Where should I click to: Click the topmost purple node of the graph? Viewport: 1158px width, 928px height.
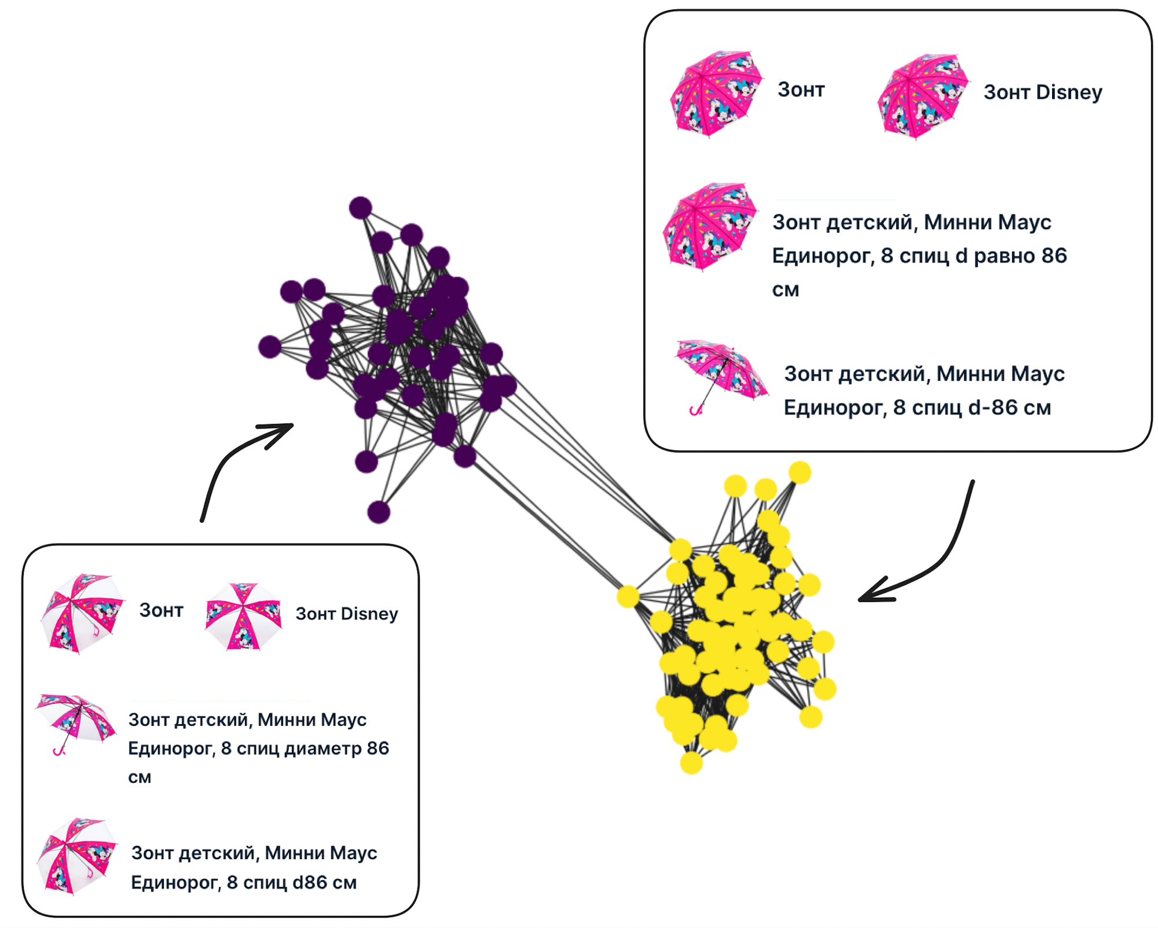point(360,208)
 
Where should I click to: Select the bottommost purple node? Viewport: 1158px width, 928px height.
point(379,512)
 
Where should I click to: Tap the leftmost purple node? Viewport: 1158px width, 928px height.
point(270,347)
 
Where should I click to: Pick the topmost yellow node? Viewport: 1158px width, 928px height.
point(800,472)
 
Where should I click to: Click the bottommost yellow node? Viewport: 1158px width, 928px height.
point(691,763)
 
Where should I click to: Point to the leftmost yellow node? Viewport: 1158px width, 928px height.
point(628,596)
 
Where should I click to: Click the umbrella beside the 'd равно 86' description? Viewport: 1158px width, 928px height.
point(709,226)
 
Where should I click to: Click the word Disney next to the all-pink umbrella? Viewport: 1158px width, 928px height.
point(1069,92)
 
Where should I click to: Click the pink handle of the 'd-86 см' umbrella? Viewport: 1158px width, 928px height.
point(695,410)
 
